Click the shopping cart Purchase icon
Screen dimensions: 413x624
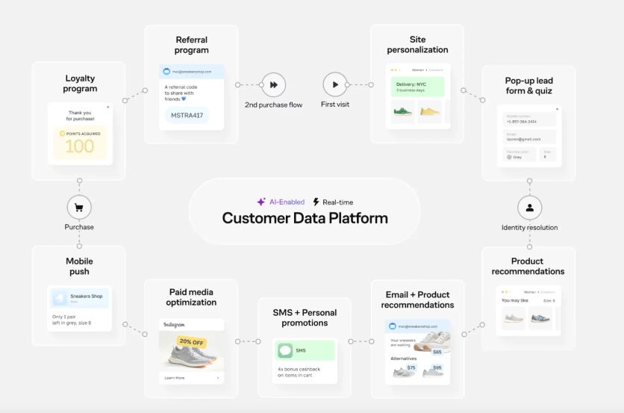tap(79, 207)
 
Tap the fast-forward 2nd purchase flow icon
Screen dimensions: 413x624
tap(274, 84)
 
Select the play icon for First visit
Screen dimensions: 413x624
tap(335, 84)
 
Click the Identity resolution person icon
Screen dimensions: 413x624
tap(529, 208)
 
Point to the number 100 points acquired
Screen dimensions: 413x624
tap(80, 146)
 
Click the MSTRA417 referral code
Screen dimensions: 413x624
tap(187, 116)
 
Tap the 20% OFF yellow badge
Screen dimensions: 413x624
tap(192, 341)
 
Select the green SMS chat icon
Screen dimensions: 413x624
tap(284, 350)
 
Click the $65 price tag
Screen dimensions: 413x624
tap(437, 351)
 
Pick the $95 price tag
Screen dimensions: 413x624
tap(437, 367)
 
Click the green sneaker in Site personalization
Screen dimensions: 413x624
tap(403, 112)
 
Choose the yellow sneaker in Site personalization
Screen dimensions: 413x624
tap(430, 112)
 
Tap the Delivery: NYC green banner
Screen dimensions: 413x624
tap(417, 87)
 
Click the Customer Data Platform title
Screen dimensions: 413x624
tap(305, 218)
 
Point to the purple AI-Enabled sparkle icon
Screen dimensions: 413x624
tap(261, 202)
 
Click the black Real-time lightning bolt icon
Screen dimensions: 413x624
tap(316, 202)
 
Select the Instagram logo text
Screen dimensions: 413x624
tap(174, 326)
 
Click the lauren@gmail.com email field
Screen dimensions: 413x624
tap(528, 137)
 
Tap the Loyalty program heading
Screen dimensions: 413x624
tap(81, 83)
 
